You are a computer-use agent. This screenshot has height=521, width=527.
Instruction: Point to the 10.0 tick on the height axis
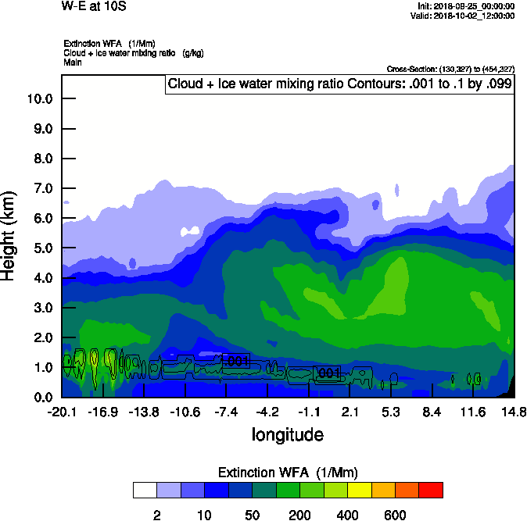(38, 99)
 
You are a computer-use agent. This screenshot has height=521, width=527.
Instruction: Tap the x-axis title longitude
(287, 434)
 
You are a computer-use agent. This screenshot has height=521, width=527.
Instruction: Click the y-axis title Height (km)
(9, 235)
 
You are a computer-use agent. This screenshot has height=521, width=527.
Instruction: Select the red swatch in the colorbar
(431, 490)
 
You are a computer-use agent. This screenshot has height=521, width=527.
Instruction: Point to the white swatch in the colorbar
(145, 490)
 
